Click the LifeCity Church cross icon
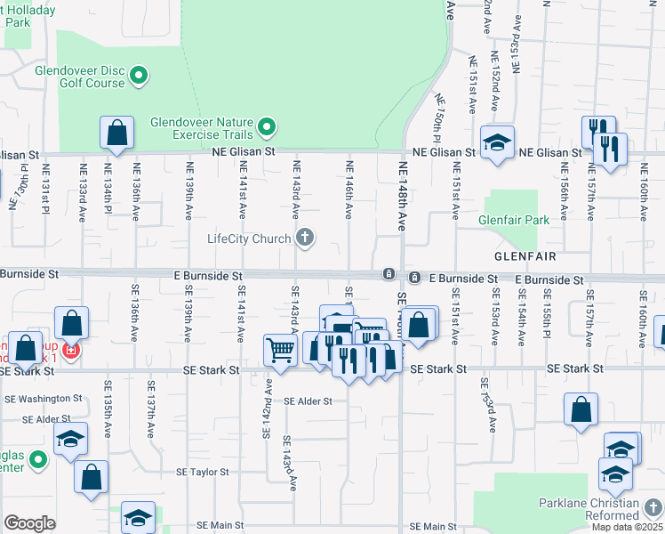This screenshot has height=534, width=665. click(x=305, y=238)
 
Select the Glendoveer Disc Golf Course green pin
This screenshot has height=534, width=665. click(x=138, y=76)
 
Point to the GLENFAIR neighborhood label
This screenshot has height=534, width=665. click(x=525, y=256)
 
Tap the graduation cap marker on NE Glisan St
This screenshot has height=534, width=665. click(x=497, y=142)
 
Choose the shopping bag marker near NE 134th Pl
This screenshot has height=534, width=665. click(x=116, y=133)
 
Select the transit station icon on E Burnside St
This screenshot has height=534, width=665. click(x=389, y=273)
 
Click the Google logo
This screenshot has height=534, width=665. click(x=29, y=523)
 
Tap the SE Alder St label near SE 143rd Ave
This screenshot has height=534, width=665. click(x=308, y=401)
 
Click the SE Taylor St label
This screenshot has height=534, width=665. click(x=203, y=472)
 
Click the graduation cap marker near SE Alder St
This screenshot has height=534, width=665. click(x=70, y=438)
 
